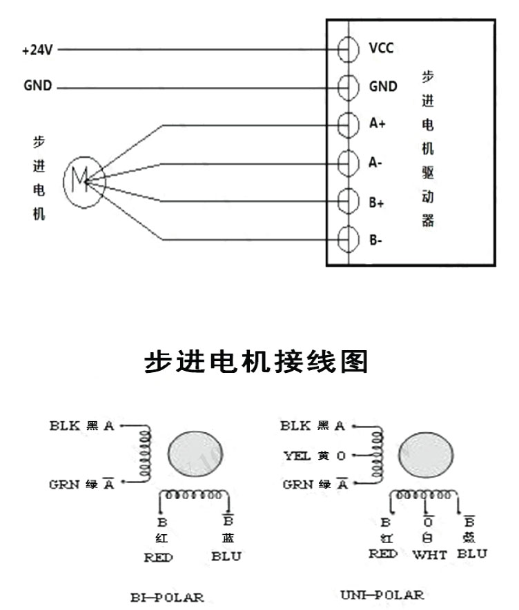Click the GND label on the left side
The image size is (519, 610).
click(x=37, y=88)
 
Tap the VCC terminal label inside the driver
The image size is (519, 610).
click(x=382, y=48)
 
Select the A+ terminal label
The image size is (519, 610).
click(x=378, y=124)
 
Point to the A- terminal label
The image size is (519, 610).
click(x=376, y=163)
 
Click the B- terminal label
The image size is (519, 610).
click(x=375, y=241)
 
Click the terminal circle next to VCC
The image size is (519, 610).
click(x=349, y=50)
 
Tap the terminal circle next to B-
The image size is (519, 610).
click(x=349, y=240)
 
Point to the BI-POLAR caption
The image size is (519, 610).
click(x=168, y=596)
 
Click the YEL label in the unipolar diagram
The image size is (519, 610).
click(x=297, y=456)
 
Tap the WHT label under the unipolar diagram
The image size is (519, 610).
click(x=429, y=554)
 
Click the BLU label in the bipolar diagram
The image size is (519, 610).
click(x=226, y=556)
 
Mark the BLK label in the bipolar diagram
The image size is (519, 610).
click(x=66, y=426)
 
